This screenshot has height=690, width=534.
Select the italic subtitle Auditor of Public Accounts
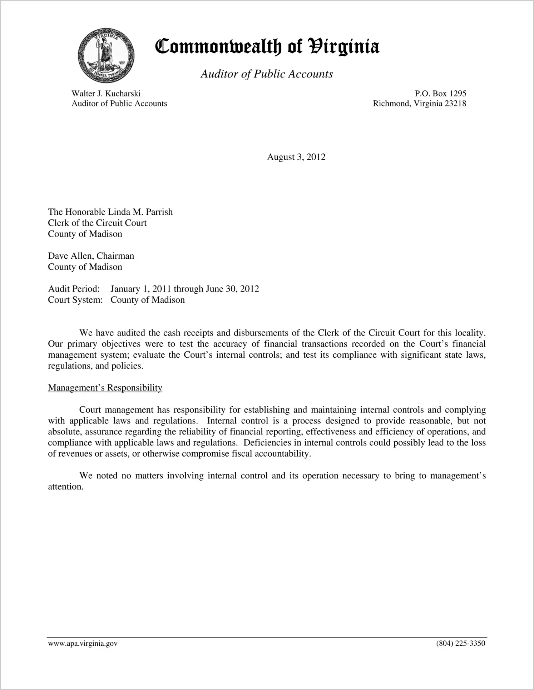(x=267, y=74)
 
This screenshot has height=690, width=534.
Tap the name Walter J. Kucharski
(x=106, y=94)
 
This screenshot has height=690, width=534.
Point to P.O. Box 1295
(x=440, y=94)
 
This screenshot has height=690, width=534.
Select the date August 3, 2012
(x=296, y=157)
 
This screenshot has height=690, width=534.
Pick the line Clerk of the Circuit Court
(x=97, y=223)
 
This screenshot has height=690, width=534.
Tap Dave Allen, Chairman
(x=91, y=256)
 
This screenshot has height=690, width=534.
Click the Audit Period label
(x=74, y=289)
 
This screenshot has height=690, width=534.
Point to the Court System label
(x=75, y=300)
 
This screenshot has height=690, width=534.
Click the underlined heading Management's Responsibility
(x=105, y=388)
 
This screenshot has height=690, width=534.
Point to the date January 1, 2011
(x=140, y=289)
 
